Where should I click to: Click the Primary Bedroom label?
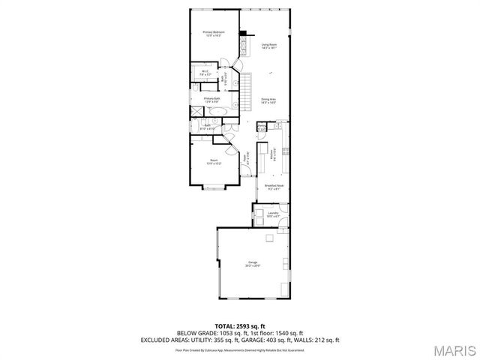214,33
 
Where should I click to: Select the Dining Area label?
268,100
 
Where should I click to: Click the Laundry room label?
273,214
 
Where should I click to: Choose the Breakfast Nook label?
273,186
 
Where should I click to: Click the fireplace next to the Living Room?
243,32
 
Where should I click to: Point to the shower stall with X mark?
196,112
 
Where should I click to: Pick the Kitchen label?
271,154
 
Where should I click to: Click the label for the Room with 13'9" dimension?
214,161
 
